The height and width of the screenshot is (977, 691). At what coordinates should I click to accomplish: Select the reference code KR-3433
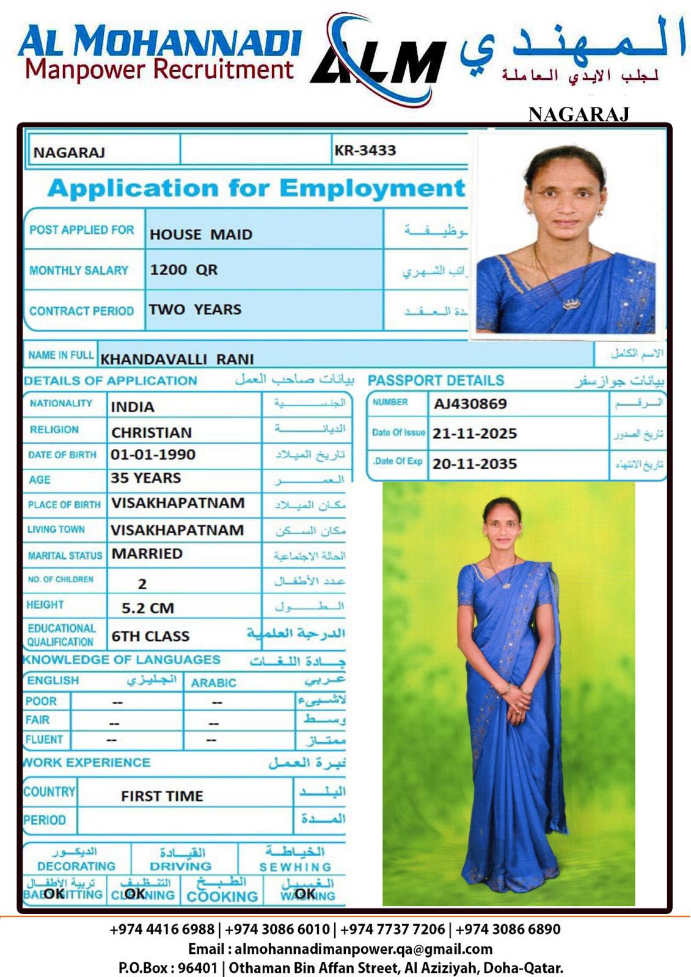365,150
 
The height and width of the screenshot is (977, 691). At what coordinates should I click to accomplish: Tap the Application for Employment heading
256,188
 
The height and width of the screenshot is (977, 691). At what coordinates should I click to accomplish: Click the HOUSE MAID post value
201,234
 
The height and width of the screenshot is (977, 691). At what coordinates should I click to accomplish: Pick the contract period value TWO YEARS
195,310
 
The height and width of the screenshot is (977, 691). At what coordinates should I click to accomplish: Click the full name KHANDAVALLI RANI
177,359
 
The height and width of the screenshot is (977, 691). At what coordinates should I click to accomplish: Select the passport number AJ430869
470,404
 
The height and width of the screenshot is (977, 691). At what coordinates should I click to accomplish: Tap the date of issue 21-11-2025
475,434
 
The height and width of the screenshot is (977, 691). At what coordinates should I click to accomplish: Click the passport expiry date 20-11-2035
475,464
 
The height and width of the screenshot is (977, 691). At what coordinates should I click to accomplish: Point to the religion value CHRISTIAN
152,432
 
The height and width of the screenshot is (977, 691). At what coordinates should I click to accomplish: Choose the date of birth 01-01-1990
153,455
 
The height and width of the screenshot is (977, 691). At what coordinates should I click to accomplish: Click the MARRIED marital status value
147,554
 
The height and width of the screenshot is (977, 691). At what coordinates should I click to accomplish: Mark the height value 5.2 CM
148,608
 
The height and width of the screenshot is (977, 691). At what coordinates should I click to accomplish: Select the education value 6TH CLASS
150,636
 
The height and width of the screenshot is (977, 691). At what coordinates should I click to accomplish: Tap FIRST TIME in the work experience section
162,796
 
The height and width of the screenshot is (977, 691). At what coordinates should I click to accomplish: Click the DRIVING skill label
181,866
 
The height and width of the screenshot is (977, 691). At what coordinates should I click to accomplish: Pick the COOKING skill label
222,896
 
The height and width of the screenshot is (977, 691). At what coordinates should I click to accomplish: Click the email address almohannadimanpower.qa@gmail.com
363,949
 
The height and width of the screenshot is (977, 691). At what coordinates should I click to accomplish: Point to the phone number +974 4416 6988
162,929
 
